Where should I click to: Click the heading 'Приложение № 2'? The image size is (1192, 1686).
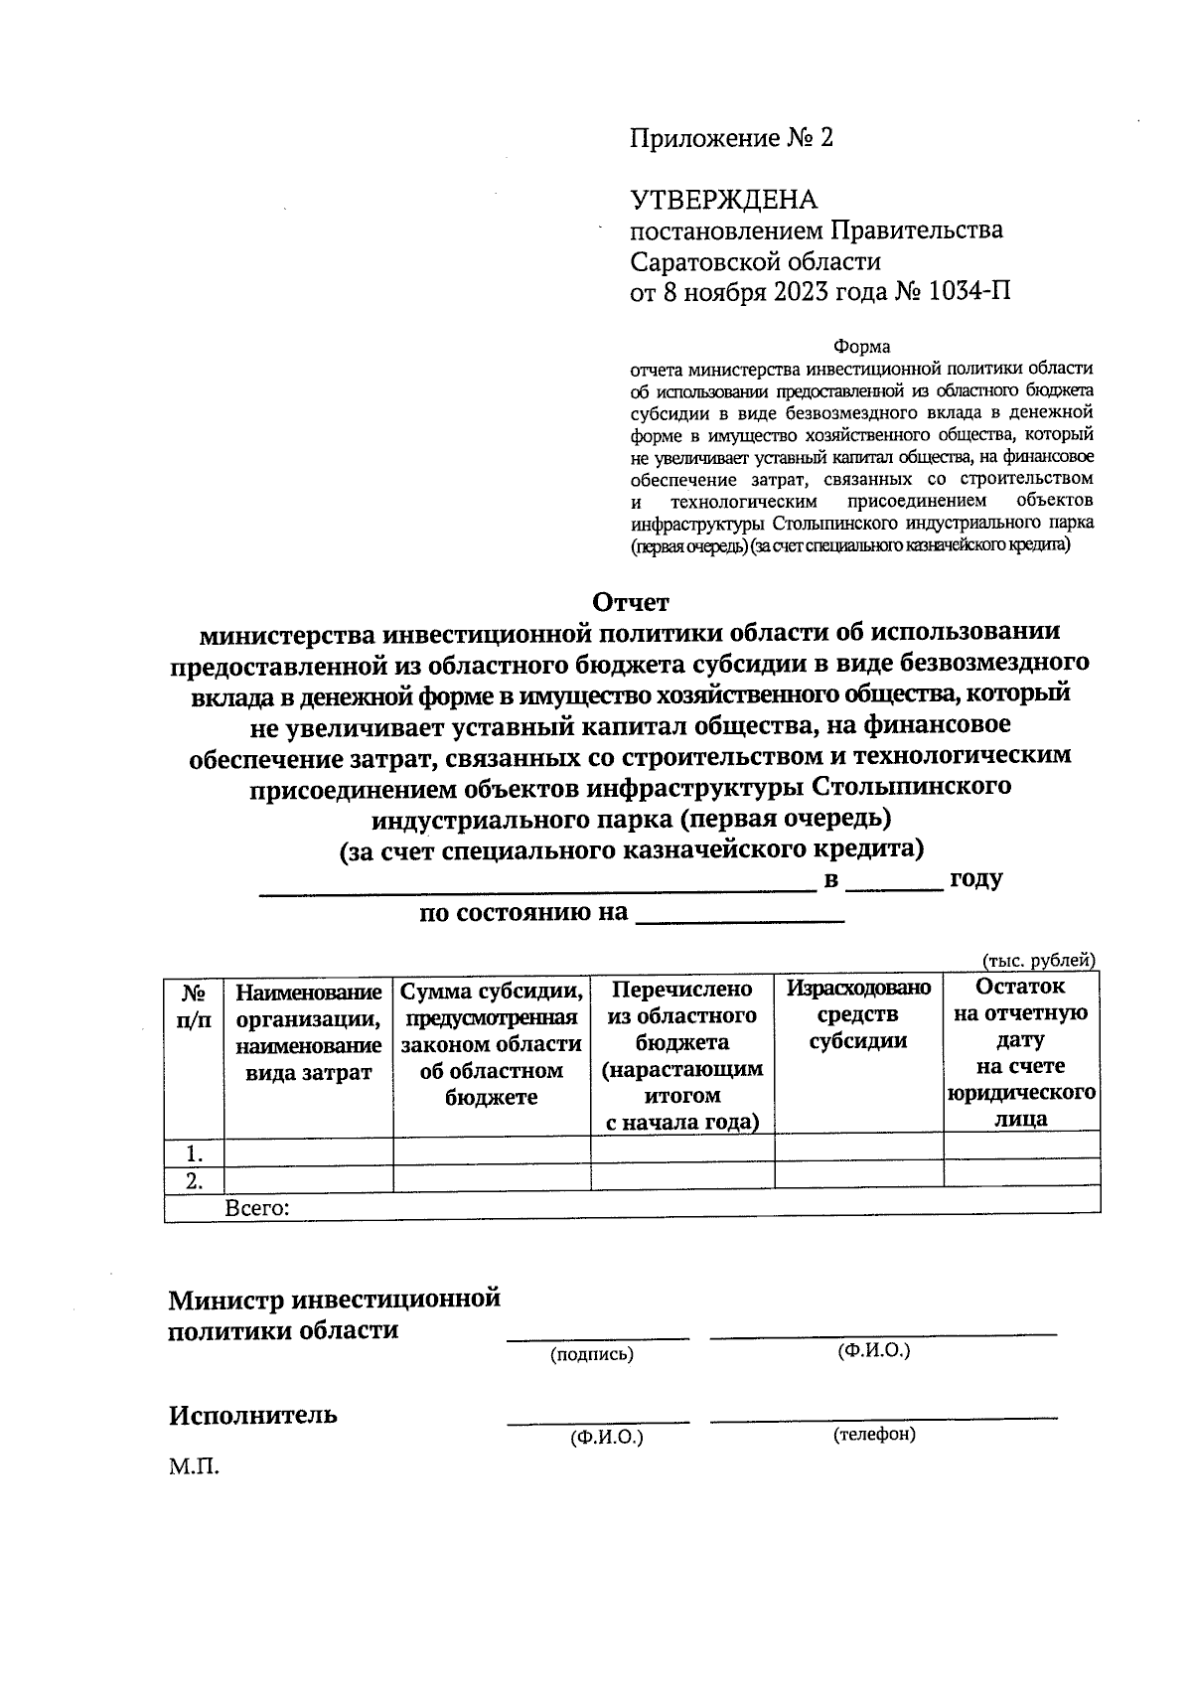coord(731,138)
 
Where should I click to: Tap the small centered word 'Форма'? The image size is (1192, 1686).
coord(861,347)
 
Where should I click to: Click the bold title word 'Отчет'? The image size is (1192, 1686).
coord(631,602)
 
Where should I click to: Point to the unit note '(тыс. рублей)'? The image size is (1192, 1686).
coord(1038,960)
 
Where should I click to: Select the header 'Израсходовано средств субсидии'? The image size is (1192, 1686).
coord(858,1014)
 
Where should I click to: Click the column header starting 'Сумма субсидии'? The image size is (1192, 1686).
coord(492,1043)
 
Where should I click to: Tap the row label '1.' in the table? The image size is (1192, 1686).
coord(195,1153)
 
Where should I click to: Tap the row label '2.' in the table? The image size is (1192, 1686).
coord(195,1180)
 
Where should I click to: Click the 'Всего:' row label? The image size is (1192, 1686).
coord(257,1208)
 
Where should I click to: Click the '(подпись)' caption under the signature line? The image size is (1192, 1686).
coord(592,1354)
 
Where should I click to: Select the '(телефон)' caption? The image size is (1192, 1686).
coord(874,1434)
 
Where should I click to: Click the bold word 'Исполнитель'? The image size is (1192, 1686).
coord(252,1415)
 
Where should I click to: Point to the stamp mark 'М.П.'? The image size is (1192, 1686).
coord(193,1466)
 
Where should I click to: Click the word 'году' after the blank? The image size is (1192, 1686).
coord(975,879)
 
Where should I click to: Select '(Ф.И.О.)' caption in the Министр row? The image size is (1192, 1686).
coord(874,1350)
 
